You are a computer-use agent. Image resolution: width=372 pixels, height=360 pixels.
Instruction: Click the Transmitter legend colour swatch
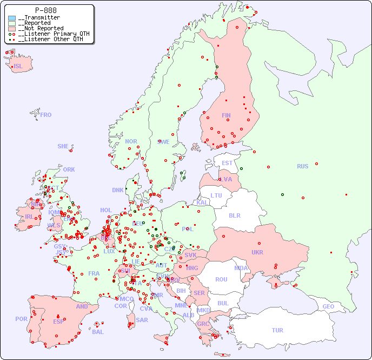click(x=12, y=18)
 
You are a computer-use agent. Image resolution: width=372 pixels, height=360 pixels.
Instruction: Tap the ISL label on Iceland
click(x=18, y=67)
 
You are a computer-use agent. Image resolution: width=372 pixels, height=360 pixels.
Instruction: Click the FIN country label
click(x=226, y=115)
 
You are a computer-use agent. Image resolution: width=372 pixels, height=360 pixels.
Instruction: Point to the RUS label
click(x=302, y=166)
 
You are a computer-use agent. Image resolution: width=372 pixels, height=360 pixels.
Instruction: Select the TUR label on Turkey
click(x=277, y=330)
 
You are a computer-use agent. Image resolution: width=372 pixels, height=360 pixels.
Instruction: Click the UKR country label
click(x=257, y=252)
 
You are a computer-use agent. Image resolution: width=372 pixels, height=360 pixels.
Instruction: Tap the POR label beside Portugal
click(x=21, y=319)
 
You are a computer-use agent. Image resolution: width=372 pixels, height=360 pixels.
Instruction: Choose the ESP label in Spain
click(x=58, y=321)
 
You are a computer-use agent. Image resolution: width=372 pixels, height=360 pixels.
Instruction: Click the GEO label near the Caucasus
click(x=328, y=306)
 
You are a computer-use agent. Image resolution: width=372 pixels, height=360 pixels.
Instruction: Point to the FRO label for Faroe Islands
click(x=46, y=115)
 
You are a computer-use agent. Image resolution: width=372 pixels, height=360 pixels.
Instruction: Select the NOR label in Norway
click(x=131, y=141)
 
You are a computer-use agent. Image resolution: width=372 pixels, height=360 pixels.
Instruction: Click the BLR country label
click(x=234, y=215)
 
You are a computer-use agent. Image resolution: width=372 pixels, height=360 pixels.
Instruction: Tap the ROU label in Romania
click(x=221, y=279)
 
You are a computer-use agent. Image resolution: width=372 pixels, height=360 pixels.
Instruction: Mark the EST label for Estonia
click(x=227, y=163)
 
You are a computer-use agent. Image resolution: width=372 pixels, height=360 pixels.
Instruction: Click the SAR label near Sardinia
click(x=142, y=320)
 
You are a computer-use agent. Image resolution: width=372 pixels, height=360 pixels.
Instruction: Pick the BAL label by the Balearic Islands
click(x=97, y=332)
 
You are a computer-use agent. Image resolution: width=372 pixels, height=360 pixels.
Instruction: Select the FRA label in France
click(x=94, y=273)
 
